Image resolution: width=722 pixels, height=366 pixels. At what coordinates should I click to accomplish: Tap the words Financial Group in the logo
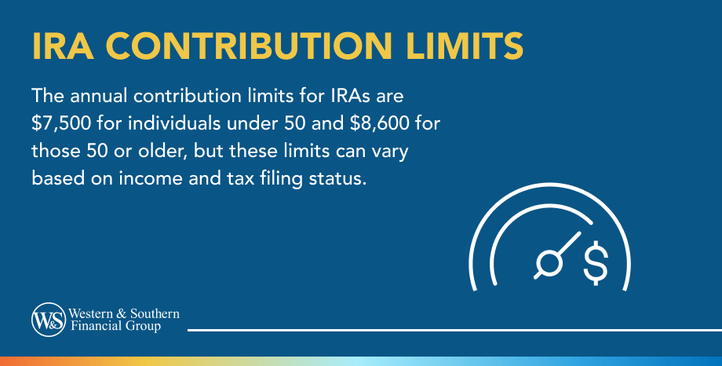coord(118,325)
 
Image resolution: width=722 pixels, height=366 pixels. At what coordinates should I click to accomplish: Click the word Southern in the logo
coord(155,313)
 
